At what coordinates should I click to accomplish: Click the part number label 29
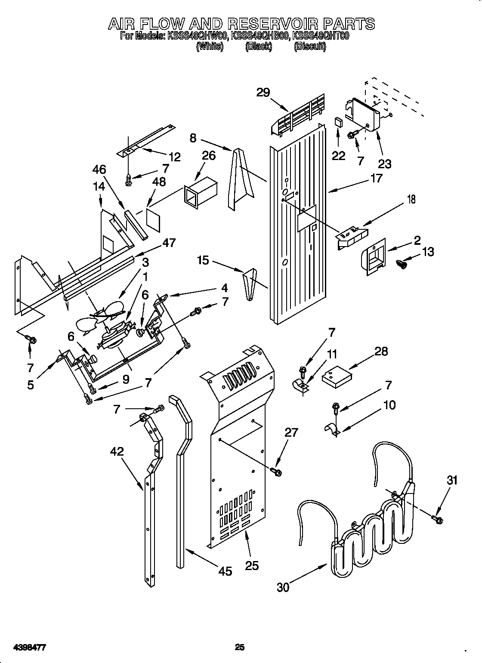point(263,93)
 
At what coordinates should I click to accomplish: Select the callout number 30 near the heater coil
point(283,587)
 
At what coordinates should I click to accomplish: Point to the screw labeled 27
point(276,472)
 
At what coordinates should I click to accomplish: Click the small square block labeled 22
point(339,122)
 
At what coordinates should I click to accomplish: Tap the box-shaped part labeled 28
point(336,376)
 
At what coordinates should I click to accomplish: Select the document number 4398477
point(30,635)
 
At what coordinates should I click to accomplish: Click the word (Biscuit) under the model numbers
point(309,46)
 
